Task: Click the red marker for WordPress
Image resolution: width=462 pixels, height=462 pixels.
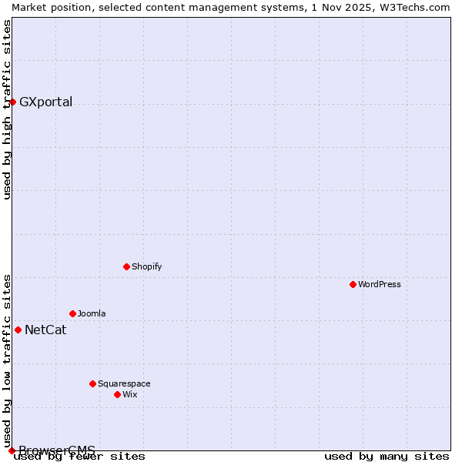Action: tap(353, 284)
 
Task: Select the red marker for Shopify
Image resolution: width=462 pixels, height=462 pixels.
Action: tap(126, 266)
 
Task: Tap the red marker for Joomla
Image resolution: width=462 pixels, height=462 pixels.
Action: tap(72, 313)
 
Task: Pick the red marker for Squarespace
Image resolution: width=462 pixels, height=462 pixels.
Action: tap(92, 383)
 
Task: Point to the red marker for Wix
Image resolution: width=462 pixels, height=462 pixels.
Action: tap(117, 394)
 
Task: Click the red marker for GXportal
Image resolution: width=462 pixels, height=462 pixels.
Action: tap(12, 102)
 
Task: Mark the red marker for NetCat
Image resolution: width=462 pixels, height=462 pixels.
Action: tap(18, 330)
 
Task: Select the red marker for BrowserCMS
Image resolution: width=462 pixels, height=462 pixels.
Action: tap(12, 450)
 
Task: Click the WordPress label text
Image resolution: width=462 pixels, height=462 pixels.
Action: tap(380, 284)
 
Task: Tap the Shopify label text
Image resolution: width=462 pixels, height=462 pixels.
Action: tap(147, 266)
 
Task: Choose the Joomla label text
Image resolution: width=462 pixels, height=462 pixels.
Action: tap(92, 313)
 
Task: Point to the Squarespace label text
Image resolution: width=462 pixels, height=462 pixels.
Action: tap(124, 383)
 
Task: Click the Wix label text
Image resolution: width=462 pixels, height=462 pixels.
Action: tap(130, 394)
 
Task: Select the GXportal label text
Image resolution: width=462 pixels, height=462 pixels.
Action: tap(45, 102)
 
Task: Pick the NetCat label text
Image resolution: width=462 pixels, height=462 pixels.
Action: tap(45, 330)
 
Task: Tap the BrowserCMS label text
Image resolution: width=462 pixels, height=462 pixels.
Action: tap(57, 450)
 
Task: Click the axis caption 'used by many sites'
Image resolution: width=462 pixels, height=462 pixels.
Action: tap(387, 456)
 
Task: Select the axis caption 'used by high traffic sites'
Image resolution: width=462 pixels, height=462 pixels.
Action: tap(7, 109)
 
